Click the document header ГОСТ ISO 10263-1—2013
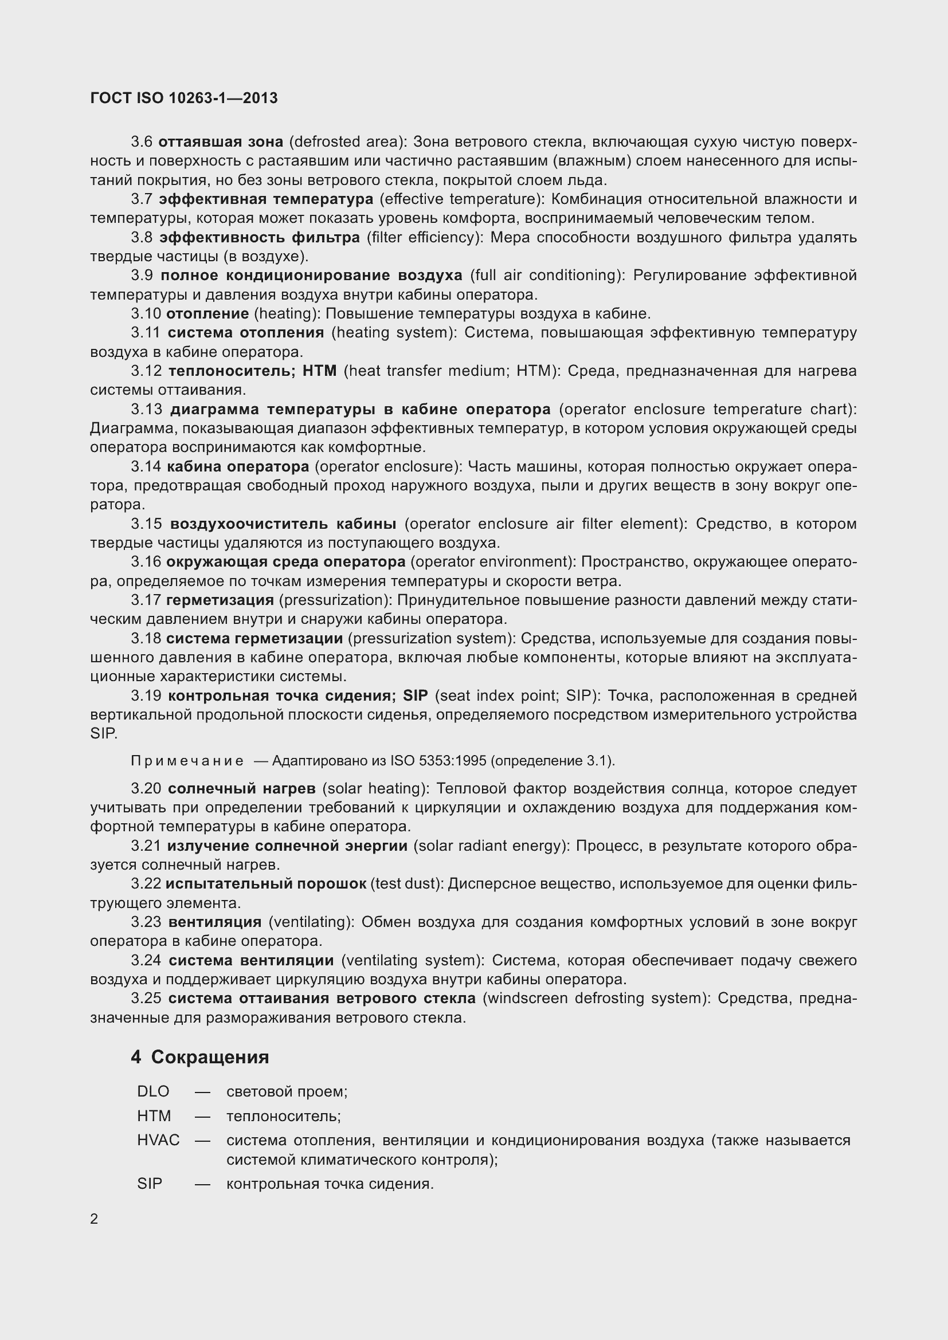coord(184,98)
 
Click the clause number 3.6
coord(141,142)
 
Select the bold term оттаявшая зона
coord(221,142)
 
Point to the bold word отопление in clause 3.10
coord(207,314)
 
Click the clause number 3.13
coord(146,409)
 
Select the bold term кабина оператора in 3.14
coord(238,466)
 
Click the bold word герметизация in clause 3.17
coord(220,600)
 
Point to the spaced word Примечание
coord(187,761)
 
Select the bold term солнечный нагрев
coord(241,788)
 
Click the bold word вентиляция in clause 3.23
coord(214,922)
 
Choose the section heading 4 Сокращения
coord(199,1057)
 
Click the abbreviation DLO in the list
coord(153,1091)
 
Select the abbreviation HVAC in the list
coord(158,1140)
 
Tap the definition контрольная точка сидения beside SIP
coord(329,1184)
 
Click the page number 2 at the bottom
coord(95,1219)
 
